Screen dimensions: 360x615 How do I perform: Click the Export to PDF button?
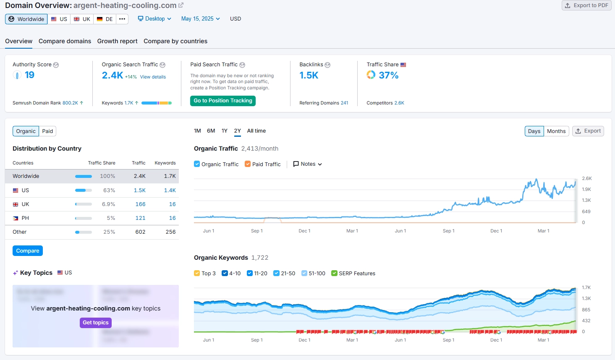pyautogui.click(x=586, y=5)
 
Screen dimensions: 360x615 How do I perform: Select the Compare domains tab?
pyautogui.click(x=65, y=41)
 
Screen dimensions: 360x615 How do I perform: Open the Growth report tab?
pyautogui.click(x=117, y=41)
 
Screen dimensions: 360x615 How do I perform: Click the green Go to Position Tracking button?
pyautogui.click(x=223, y=101)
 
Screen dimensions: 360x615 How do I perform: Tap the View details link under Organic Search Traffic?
pyautogui.click(x=153, y=77)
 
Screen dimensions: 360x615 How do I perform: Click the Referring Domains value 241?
pyautogui.click(x=344, y=103)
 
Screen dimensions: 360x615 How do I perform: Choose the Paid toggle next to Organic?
pyautogui.click(x=47, y=131)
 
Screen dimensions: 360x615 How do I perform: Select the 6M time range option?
pyautogui.click(x=211, y=131)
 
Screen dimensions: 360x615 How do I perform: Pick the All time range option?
pyautogui.click(x=256, y=131)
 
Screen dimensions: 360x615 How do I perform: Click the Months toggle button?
pyautogui.click(x=556, y=131)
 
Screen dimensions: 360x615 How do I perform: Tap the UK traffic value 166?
pyautogui.click(x=140, y=204)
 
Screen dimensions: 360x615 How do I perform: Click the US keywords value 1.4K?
pyautogui.click(x=170, y=190)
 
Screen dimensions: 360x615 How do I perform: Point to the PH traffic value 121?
pyautogui.click(x=140, y=218)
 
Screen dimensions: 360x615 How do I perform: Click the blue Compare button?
pyautogui.click(x=28, y=251)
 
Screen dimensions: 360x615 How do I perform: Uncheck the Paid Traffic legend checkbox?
pyautogui.click(x=248, y=164)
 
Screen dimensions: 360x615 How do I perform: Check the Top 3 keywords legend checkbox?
pyautogui.click(x=197, y=273)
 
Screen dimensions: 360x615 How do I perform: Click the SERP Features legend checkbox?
pyautogui.click(x=334, y=273)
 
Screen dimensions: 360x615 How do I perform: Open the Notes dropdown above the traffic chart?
pyautogui.click(x=307, y=164)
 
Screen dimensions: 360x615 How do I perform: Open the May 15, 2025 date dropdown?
pyautogui.click(x=200, y=19)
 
